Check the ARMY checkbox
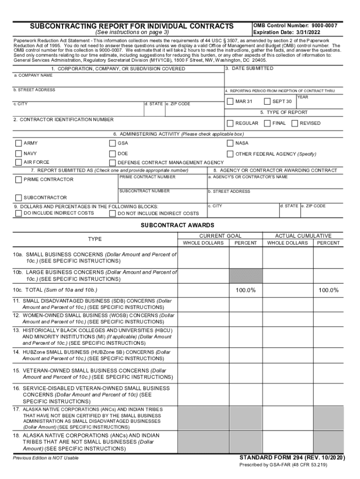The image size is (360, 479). click(x=18, y=143)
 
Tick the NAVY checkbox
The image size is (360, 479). click(x=18, y=153)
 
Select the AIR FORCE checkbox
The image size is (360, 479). click(x=18, y=162)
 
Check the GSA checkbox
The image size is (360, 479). click(x=112, y=143)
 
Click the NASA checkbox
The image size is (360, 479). click(x=230, y=143)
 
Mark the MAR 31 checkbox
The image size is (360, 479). click(x=230, y=102)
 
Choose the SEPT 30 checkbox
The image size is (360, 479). click(x=267, y=102)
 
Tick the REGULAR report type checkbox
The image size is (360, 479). click(x=230, y=123)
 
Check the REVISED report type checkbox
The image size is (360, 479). click(x=295, y=123)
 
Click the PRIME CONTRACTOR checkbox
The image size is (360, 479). click(x=18, y=180)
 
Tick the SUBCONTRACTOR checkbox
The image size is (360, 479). click(x=18, y=197)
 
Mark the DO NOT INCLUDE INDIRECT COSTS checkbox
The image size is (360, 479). click(x=112, y=213)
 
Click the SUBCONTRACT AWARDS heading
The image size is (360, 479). click(x=178, y=225)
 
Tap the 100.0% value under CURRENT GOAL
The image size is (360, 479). click(x=245, y=290)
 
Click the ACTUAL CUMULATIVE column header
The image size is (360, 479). click(x=303, y=236)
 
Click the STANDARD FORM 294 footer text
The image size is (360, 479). click(x=292, y=457)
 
